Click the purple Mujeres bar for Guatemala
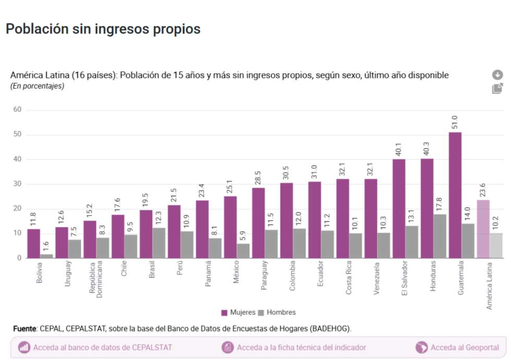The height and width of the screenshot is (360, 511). click(x=455, y=195)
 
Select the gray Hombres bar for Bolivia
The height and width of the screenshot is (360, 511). click(x=47, y=256)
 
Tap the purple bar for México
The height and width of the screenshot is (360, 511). click(x=230, y=227)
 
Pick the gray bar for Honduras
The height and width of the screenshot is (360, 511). click(x=440, y=236)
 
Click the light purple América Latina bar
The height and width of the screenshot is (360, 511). click(x=483, y=229)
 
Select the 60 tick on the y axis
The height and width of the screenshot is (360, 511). click(x=17, y=109)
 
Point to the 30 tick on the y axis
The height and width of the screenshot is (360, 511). click(x=17, y=184)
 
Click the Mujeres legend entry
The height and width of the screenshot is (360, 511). click(x=238, y=313)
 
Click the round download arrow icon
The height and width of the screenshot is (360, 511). click(x=497, y=75)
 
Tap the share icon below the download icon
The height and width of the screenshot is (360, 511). click(x=497, y=89)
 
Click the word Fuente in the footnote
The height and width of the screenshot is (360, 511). click(x=25, y=329)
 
